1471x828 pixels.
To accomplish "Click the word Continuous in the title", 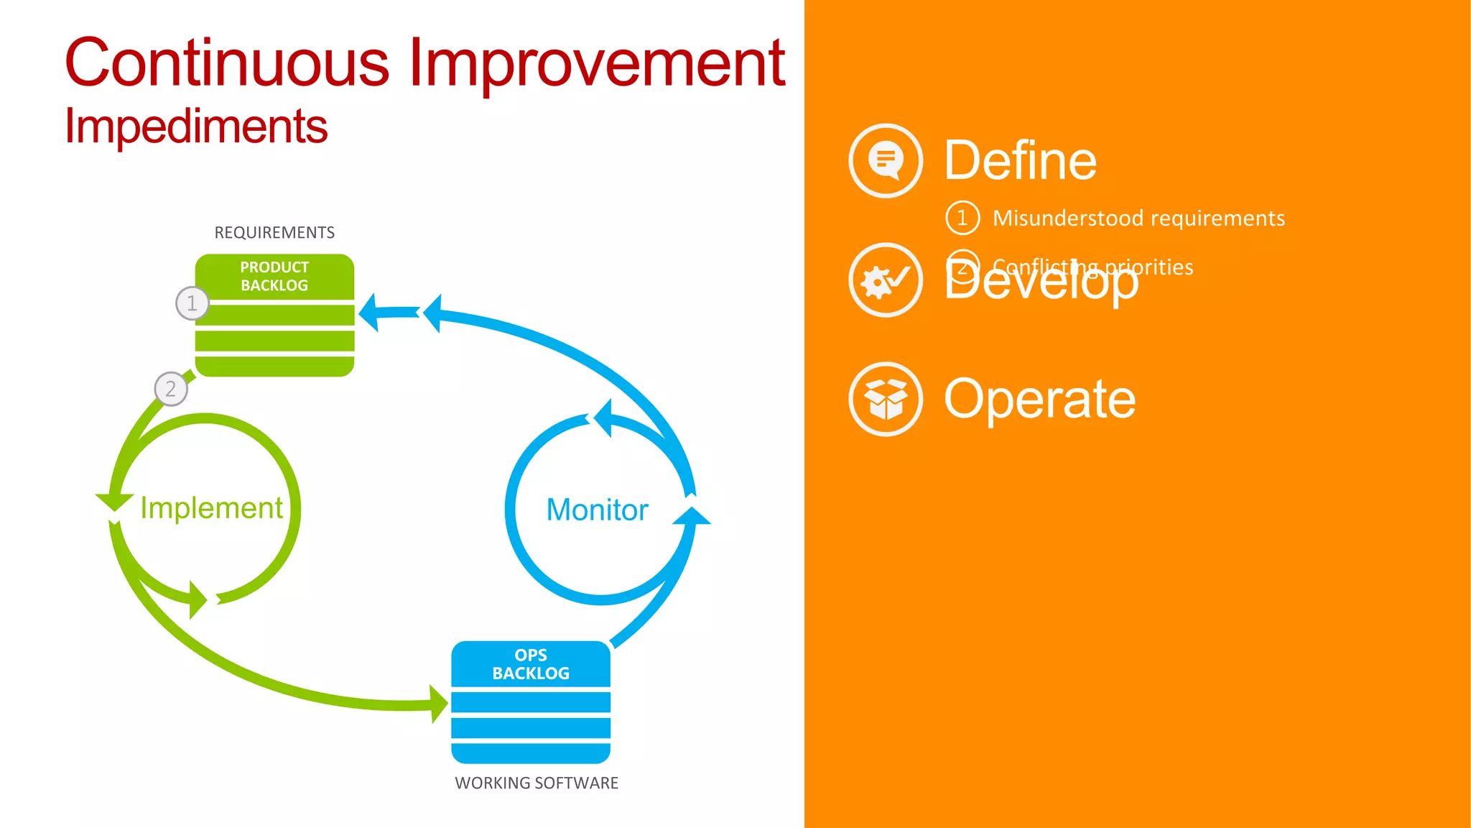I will point(227,63).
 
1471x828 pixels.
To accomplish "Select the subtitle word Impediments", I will point(195,126).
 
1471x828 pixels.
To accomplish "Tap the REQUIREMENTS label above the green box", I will point(274,233).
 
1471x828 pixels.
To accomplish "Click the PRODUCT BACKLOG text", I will point(274,277).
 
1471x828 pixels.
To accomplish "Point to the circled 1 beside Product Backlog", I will point(192,303).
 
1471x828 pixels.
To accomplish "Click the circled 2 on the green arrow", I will point(171,389).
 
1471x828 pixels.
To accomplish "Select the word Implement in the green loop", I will point(211,508).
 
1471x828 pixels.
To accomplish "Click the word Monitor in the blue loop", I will point(597,510).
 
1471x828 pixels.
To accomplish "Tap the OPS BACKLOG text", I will point(531,665).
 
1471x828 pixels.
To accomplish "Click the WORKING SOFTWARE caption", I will point(537,783).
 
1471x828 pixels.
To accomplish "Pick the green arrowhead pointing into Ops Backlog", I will point(439,704).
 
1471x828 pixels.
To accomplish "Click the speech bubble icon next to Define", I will point(886,160).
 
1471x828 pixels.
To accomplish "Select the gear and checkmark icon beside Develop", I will point(886,280).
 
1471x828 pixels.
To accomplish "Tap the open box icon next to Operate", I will point(886,399).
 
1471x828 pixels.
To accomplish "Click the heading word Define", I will point(1020,161).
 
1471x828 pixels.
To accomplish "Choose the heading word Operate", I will point(1039,399).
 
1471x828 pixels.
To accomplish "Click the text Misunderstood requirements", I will point(1138,218).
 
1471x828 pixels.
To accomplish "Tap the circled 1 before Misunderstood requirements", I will point(962,218).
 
